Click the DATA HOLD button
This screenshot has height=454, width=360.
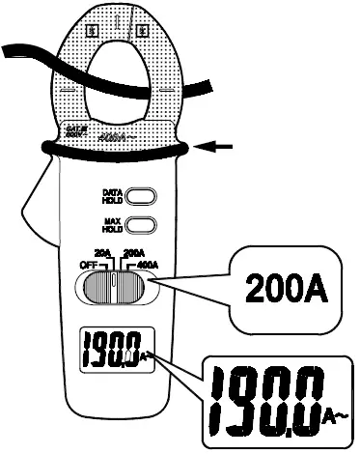140,197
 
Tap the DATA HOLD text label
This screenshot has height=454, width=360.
111,197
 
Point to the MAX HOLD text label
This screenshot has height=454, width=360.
111,227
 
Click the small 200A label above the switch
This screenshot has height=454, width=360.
135,251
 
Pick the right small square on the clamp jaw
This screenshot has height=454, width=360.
141,30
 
